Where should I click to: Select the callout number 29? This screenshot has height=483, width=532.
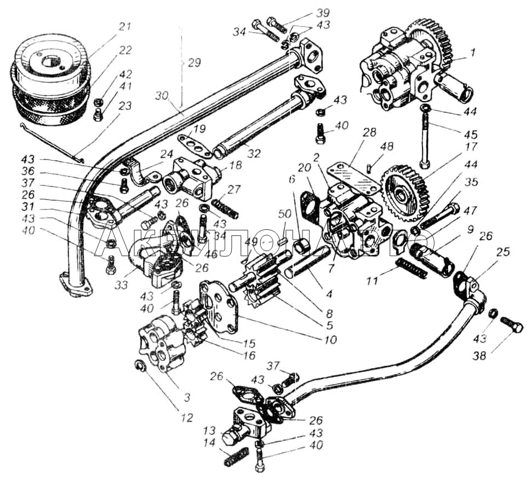pyautogui.click(x=193, y=62)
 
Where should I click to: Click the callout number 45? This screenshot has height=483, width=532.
pyautogui.click(x=470, y=133)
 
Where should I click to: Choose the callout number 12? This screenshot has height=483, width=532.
pyautogui.click(x=186, y=418)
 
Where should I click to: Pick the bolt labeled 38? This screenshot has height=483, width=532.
pyautogui.click(x=511, y=326)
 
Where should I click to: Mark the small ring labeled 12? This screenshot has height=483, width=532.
pyautogui.click(x=140, y=365)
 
